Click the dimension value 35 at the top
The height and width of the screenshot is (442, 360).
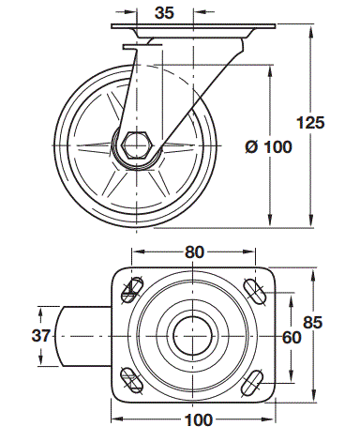164,13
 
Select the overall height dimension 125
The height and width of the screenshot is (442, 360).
310,122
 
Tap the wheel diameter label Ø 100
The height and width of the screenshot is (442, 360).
268,146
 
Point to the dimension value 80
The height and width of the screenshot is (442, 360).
194,252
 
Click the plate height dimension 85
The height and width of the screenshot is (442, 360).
312,323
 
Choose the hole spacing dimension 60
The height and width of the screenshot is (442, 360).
292,338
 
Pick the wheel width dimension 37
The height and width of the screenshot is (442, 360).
41,336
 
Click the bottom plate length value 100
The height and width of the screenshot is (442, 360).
199,420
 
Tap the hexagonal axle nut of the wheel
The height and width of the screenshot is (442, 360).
138,145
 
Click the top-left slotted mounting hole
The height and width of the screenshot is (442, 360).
132,290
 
